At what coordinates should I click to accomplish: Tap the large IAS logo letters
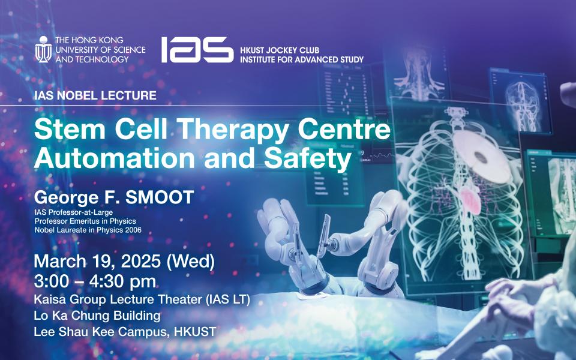(197, 50)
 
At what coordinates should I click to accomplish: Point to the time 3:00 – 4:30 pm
(95, 281)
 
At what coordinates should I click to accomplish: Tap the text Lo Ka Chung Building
(89, 316)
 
